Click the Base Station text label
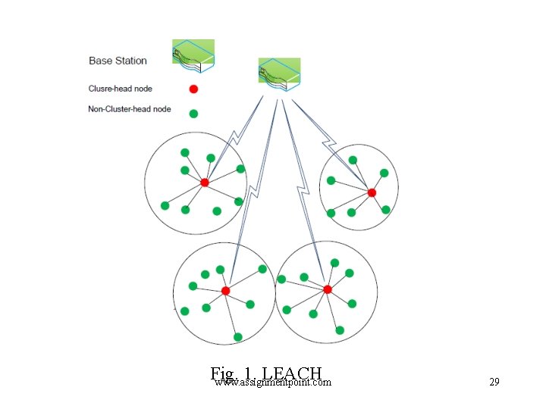pyautogui.click(x=118, y=61)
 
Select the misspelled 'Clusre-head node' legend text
pyautogui.click(x=120, y=89)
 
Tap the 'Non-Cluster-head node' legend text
pyautogui.click(x=129, y=109)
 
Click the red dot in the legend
pyautogui.click(x=193, y=89)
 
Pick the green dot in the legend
pyautogui.click(x=193, y=114)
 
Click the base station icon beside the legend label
pyautogui.click(x=193, y=57)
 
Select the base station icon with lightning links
pyautogui.click(x=280, y=75)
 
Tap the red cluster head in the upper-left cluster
pyautogui.click(x=204, y=183)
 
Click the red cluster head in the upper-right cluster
pyautogui.click(x=372, y=193)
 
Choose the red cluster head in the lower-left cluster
pyautogui.click(x=225, y=291)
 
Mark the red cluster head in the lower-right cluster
pyautogui.click(x=328, y=289)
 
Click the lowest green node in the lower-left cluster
pyautogui.click(x=237, y=337)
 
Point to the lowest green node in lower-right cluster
pyautogui.click(x=340, y=330)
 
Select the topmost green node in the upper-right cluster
pyautogui.click(x=353, y=160)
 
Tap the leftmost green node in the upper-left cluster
pyautogui.click(x=165, y=205)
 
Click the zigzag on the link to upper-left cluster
pyautogui.click(x=234, y=139)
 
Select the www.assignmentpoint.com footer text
pyautogui.click(x=272, y=382)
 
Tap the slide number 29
pyautogui.click(x=494, y=382)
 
